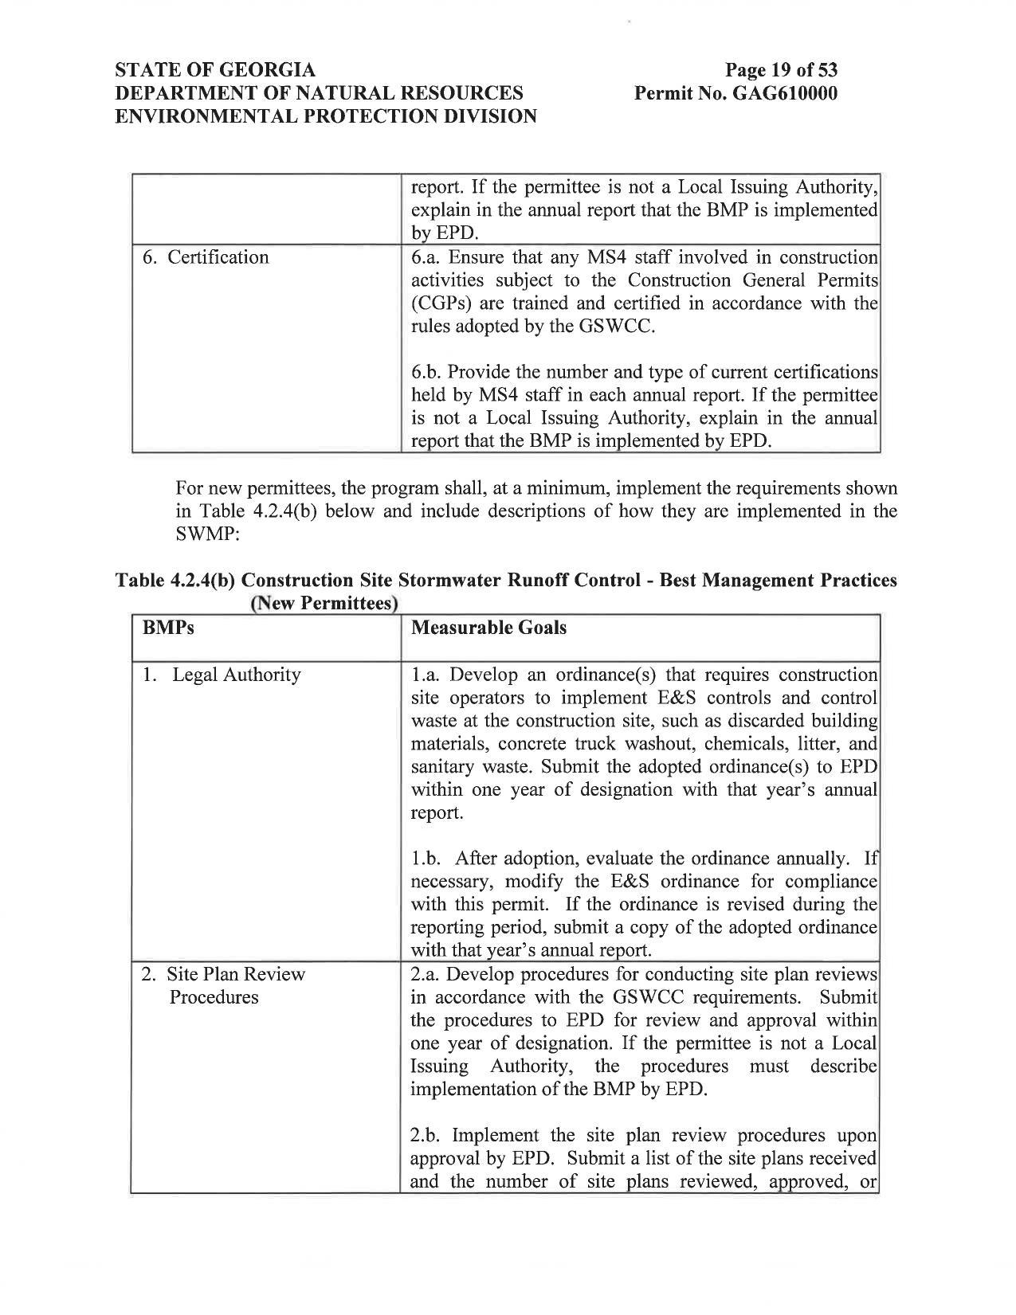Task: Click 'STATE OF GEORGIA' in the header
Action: (x=215, y=70)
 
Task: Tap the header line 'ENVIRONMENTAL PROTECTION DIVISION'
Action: (x=326, y=116)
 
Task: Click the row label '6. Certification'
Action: (x=206, y=257)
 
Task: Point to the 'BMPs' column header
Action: (x=168, y=628)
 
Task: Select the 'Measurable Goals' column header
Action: (x=488, y=628)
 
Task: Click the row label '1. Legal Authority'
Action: (x=222, y=675)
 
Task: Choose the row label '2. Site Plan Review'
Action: (x=223, y=974)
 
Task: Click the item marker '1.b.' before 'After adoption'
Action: (x=426, y=859)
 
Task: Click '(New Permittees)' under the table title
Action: (x=324, y=604)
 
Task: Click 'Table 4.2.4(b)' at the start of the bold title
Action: (x=174, y=581)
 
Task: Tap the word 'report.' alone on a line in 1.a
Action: (x=436, y=813)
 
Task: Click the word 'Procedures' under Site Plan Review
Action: (x=214, y=997)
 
